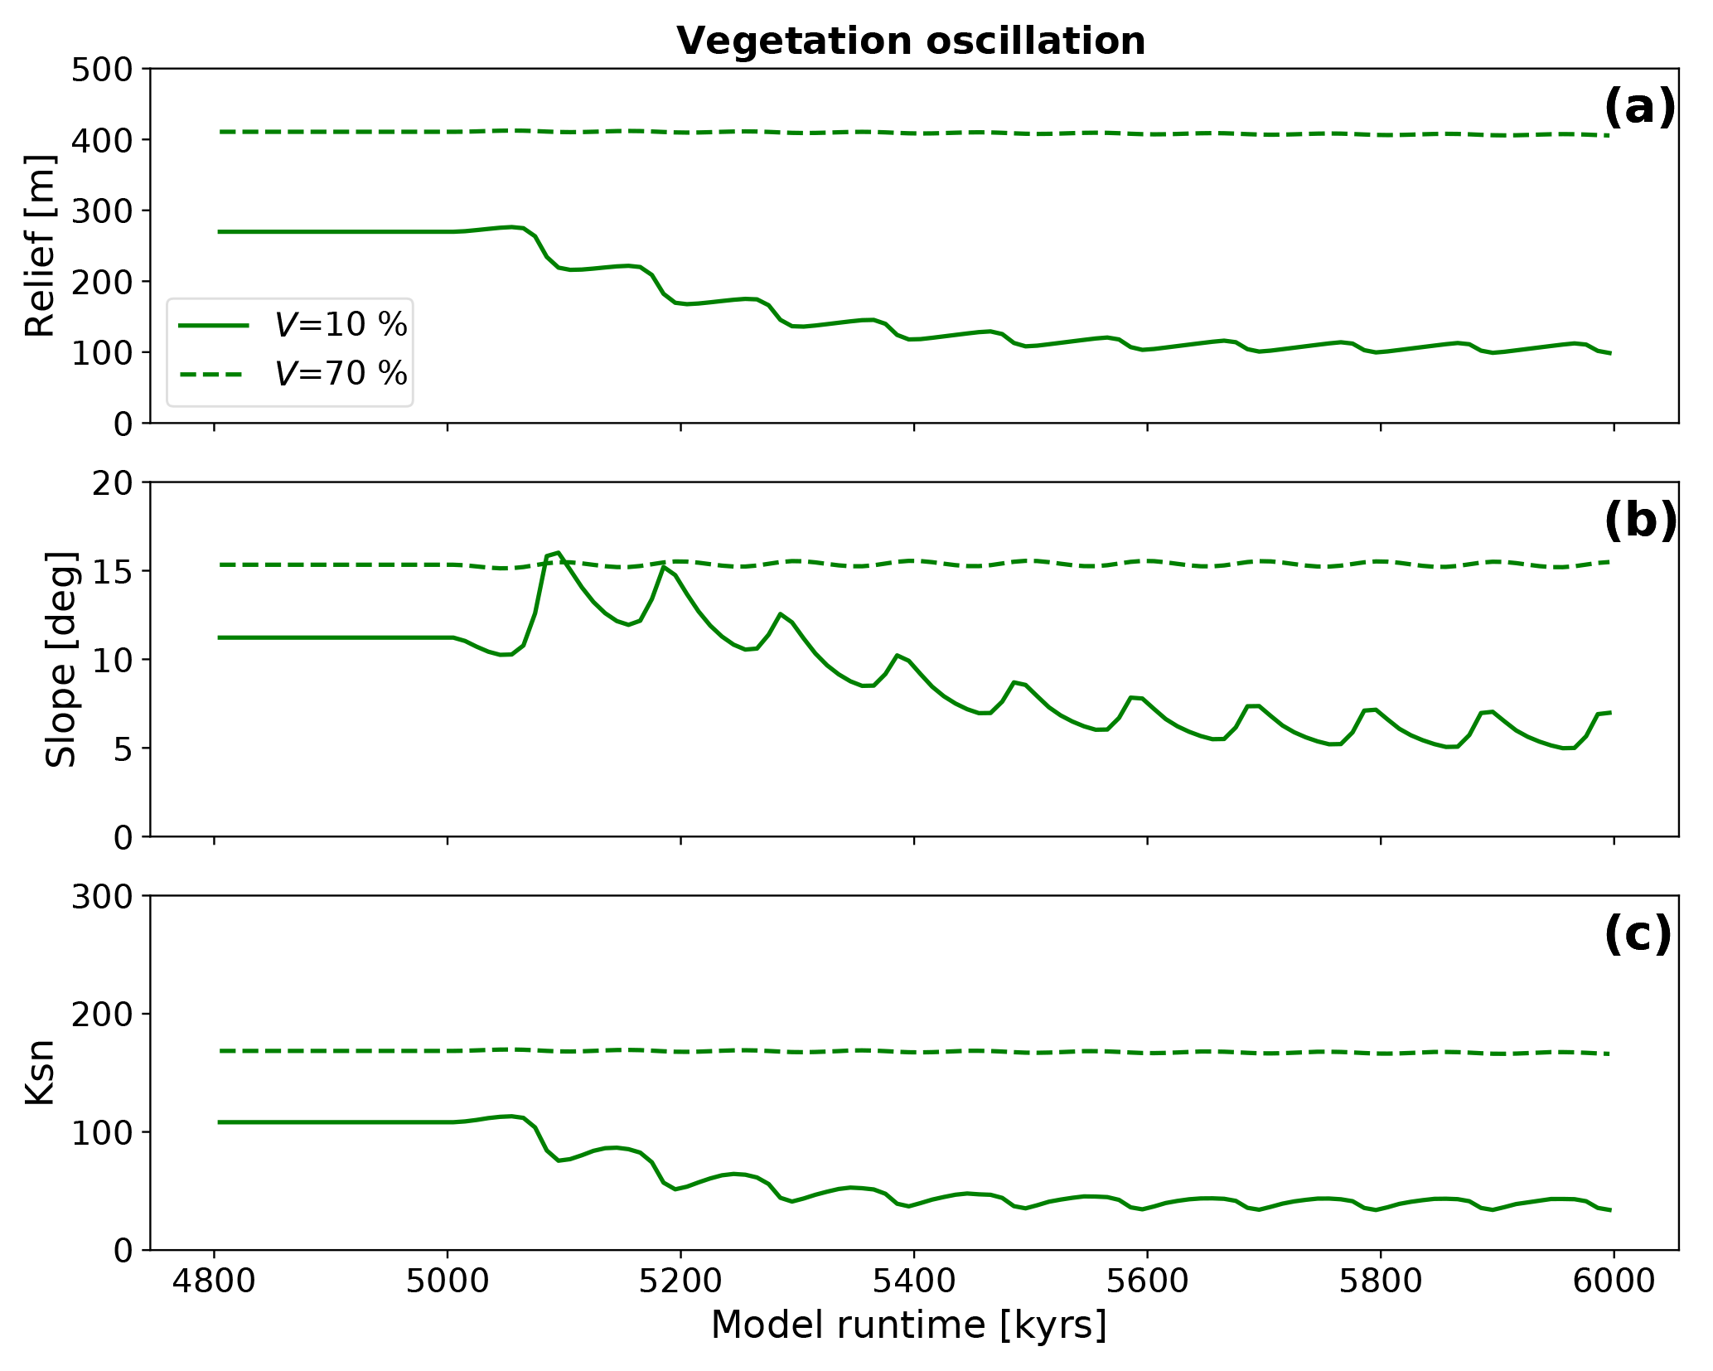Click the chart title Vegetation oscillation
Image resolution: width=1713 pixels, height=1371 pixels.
[x=911, y=41]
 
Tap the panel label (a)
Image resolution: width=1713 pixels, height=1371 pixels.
[x=1639, y=108]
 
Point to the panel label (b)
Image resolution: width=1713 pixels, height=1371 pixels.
[x=1639, y=521]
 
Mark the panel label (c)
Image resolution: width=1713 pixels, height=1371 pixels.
[x=1638, y=935]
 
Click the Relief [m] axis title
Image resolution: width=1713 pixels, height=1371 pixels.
[x=40, y=245]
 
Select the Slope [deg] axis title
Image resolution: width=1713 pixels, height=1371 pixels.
[x=60, y=659]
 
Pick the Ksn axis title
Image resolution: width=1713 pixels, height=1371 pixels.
[x=40, y=1073]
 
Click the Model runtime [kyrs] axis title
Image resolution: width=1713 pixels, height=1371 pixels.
[x=909, y=1325]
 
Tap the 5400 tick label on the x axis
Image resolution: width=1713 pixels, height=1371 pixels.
[x=913, y=1281]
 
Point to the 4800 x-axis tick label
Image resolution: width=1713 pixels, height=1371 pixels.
[x=215, y=1281]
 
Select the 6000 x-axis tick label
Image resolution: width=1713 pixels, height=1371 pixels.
[x=1613, y=1281]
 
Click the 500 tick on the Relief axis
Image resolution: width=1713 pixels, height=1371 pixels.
[x=102, y=69]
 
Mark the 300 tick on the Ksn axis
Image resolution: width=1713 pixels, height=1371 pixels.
[x=102, y=897]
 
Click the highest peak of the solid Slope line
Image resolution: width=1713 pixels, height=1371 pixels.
[x=559, y=552]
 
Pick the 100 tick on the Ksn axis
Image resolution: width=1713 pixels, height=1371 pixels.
[x=102, y=1132]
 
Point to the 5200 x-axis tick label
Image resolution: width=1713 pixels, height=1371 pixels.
[x=680, y=1281]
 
